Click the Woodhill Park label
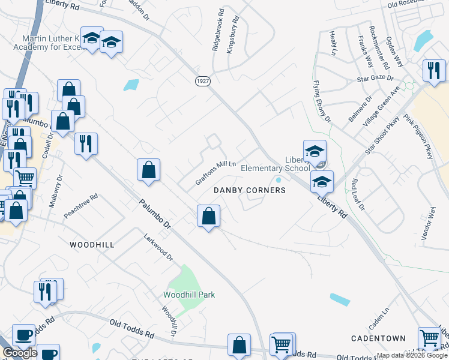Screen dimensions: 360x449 [189, 295]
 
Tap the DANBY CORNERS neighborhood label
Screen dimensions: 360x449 [249, 190]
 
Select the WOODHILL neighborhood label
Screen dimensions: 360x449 [92, 245]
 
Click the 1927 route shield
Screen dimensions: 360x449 [202, 80]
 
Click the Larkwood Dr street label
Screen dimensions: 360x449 [158, 248]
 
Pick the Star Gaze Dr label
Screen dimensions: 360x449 [375, 79]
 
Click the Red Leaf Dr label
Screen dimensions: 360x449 [358, 194]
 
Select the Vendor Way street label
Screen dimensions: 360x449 [428, 224]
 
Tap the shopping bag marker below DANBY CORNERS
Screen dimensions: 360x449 [208, 216]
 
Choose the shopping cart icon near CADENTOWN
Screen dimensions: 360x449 [429, 338]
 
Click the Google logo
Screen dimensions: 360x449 [20, 353]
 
